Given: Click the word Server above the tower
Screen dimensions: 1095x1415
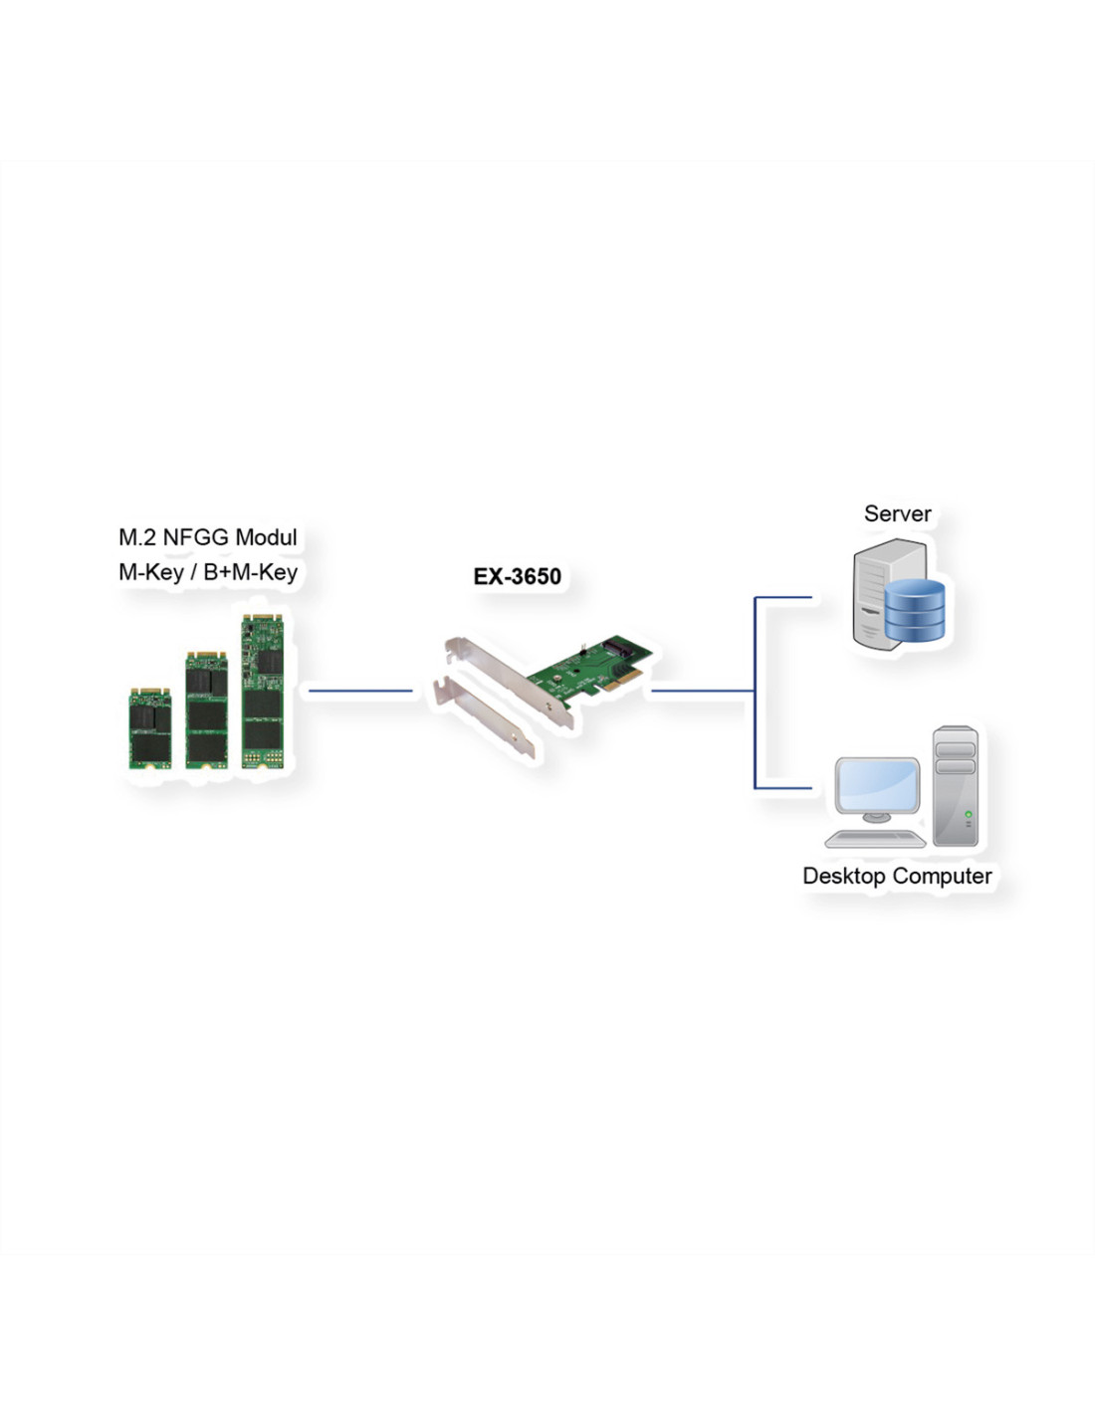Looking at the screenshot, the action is (897, 513).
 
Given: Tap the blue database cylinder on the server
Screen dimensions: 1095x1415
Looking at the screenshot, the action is (915, 610).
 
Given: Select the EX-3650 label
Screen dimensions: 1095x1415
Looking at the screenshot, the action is (518, 576).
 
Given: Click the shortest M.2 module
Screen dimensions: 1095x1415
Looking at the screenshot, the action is (150, 728).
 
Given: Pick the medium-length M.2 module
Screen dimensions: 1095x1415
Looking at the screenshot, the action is (206, 709).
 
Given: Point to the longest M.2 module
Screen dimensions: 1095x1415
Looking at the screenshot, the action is (263, 692).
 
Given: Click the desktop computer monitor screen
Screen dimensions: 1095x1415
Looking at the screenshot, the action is (877, 785).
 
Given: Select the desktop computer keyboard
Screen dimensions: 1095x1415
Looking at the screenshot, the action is (875, 840).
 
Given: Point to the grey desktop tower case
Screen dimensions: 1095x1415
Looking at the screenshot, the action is (955, 786).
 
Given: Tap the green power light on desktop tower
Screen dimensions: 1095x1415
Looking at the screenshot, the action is (968, 814).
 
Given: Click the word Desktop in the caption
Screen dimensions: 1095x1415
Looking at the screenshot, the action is (844, 876).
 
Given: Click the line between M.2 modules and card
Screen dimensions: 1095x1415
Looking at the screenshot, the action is (360, 691).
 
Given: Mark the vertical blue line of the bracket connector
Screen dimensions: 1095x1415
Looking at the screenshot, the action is (755, 693).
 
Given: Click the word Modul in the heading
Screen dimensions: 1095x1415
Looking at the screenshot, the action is (266, 537).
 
